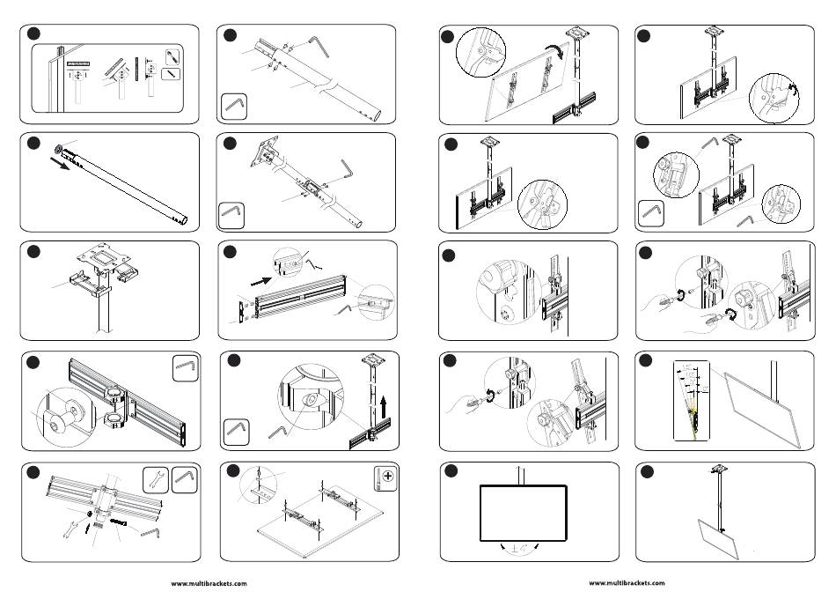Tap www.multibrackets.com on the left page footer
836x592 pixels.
point(209,583)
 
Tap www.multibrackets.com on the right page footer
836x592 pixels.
point(627,583)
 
